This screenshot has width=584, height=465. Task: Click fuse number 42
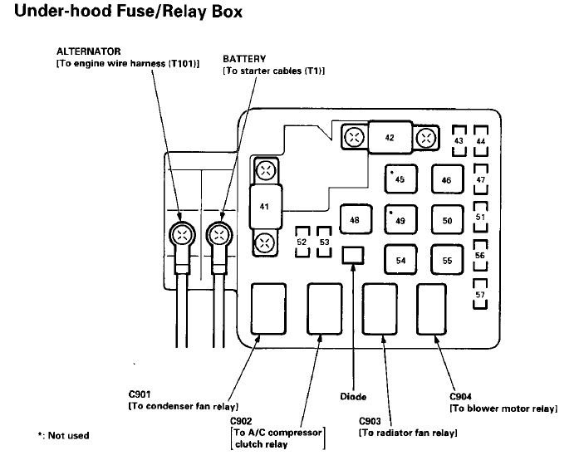click(389, 138)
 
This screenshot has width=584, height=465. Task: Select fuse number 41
click(265, 207)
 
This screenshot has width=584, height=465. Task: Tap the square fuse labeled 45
click(400, 179)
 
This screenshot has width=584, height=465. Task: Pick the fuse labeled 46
click(447, 179)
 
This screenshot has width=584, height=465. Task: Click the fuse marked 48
click(355, 220)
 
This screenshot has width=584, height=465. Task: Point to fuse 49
click(400, 220)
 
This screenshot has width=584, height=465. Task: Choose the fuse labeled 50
click(447, 220)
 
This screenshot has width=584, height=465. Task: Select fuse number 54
click(400, 260)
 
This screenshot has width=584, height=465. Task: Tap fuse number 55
click(447, 260)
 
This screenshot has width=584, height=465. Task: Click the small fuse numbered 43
click(458, 141)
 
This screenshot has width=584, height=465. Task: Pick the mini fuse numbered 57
click(479, 295)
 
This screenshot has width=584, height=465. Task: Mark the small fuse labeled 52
click(302, 242)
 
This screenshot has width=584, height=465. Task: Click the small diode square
click(353, 253)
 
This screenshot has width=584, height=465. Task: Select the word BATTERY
click(243, 60)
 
